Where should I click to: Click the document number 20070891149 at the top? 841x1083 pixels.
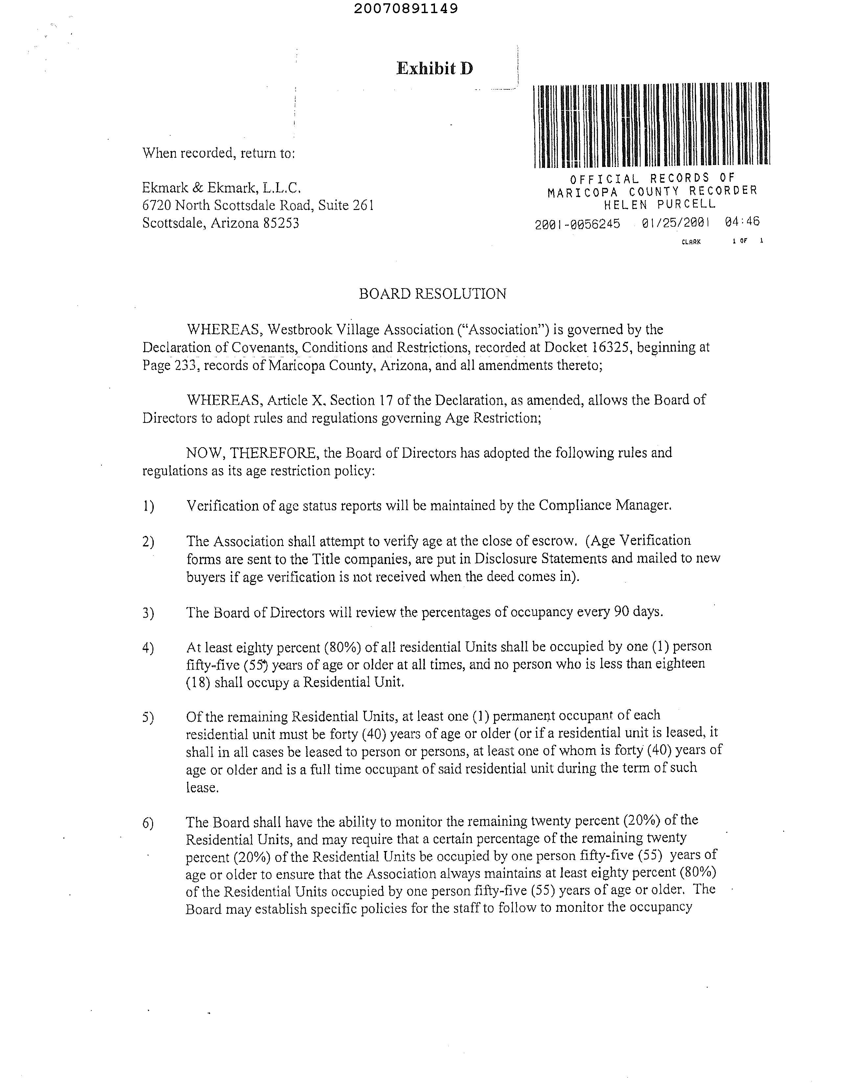(x=406, y=9)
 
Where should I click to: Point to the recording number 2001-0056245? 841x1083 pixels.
(x=577, y=224)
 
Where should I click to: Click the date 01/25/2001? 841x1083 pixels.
(x=675, y=223)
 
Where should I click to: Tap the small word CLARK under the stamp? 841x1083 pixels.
(x=691, y=242)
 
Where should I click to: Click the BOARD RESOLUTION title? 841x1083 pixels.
(x=432, y=294)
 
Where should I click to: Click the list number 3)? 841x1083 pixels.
(x=148, y=613)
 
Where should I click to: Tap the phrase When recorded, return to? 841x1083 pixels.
(x=219, y=153)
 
